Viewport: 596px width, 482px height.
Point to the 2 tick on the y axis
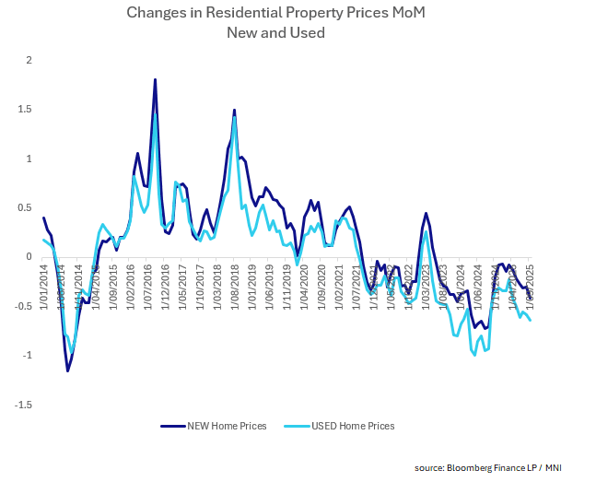tap(29, 60)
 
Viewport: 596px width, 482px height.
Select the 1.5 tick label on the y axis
tap(24, 110)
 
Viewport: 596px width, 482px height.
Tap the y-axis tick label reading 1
tap(29, 159)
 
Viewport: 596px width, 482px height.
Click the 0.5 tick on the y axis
tap(24, 208)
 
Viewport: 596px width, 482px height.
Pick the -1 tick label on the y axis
tap(26, 356)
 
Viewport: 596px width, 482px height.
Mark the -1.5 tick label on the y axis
tap(22, 405)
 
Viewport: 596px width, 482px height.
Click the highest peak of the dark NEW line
tap(155, 80)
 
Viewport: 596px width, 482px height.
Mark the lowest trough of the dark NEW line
tap(67, 370)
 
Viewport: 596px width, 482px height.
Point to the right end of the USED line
tap(531, 320)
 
